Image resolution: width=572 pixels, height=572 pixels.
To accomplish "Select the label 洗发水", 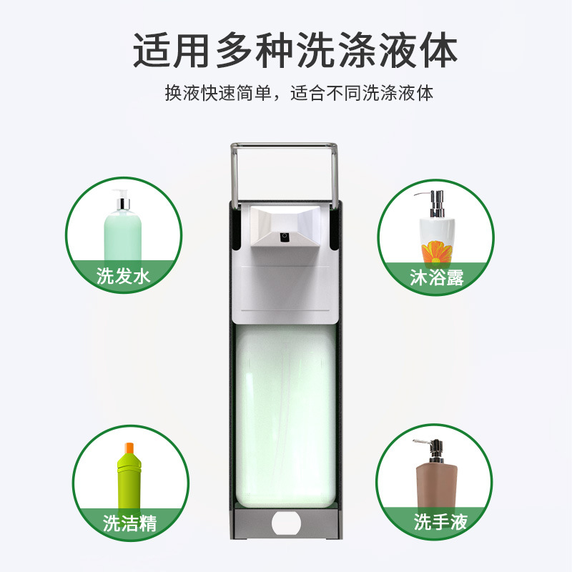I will pyautogui.click(x=124, y=276).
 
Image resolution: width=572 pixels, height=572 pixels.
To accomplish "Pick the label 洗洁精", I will pyautogui.click(x=129, y=523).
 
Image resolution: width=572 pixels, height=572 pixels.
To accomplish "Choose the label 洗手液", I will pyautogui.click(x=440, y=522).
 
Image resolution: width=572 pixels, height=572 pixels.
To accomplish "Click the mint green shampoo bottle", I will pyautogui.click(x=122, y=236).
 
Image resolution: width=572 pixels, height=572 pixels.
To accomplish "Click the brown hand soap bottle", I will pyautogui.click(x=435, y=483).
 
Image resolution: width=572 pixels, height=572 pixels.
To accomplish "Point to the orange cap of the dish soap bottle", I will pyautogui.click(x=129, y=448).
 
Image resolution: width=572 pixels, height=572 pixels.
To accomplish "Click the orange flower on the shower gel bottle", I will pyautogui.click(x=434, y=251).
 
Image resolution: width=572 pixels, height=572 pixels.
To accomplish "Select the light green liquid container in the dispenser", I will pyautogui.click(x=285, y=415).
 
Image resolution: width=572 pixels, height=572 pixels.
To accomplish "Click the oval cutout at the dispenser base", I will pyautogui.click(x=285, y=521).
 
